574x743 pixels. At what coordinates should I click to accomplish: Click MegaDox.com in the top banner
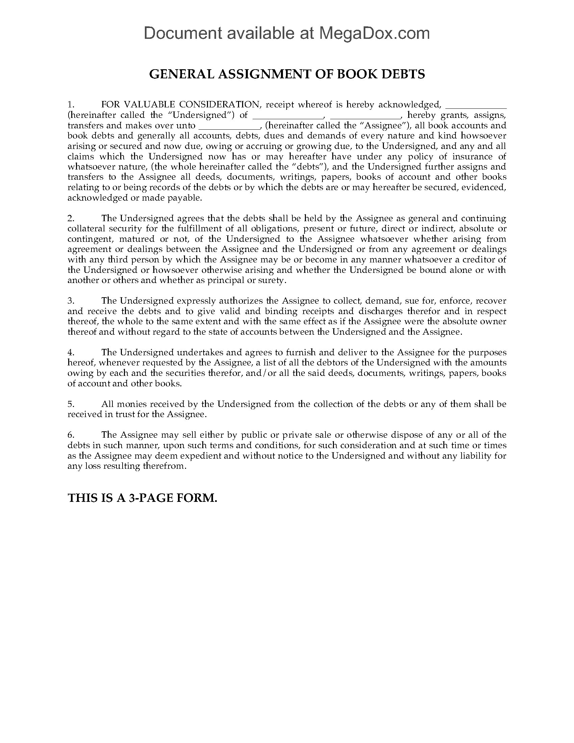[374, 33]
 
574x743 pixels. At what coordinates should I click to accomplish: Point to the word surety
[273, 280]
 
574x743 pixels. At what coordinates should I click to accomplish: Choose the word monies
[131, 404]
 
